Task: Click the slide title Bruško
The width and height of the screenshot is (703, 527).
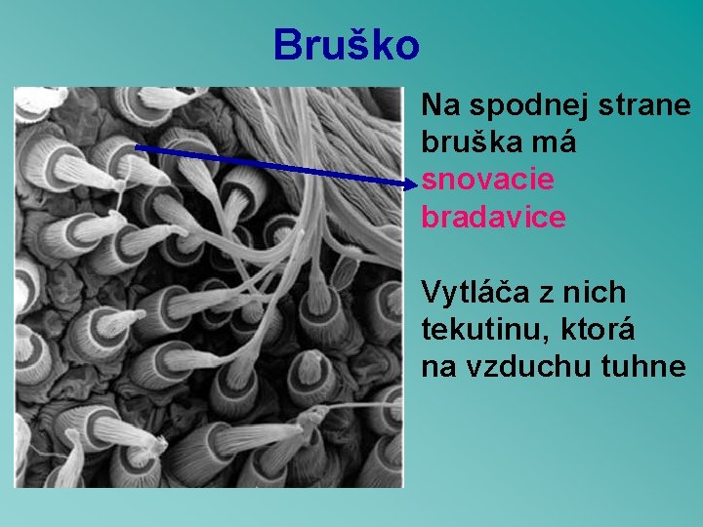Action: tap(347, 45)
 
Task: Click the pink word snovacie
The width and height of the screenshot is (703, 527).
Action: tap(487, 181)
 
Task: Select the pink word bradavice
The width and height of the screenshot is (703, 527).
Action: tap(493, 218)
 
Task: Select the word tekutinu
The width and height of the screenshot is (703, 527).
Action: tap(473, 330)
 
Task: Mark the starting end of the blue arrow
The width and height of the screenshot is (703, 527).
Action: tap(136, 146)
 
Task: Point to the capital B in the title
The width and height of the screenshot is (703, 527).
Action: tap(288, 45)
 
